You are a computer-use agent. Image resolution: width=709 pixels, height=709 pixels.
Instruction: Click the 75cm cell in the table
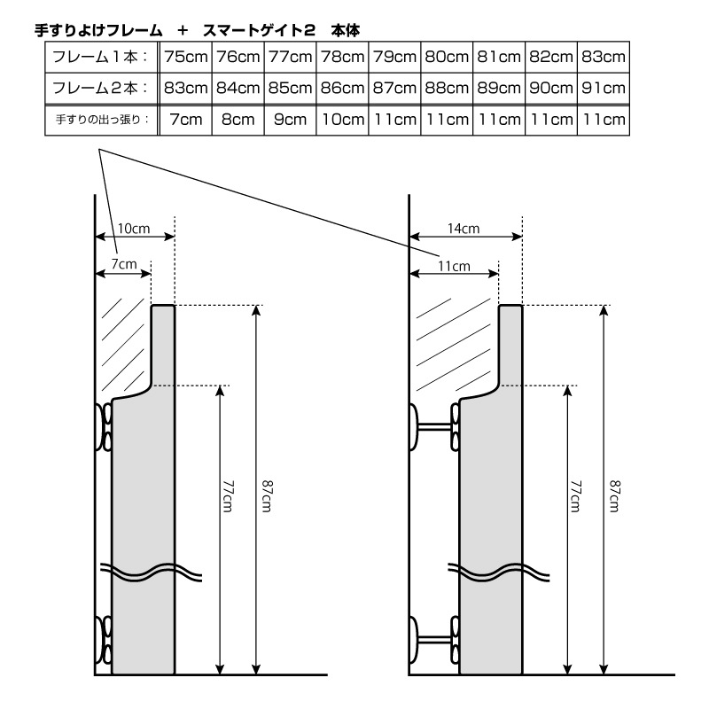coord(186,57)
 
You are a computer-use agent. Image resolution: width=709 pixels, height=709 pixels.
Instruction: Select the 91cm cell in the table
coord(604,88)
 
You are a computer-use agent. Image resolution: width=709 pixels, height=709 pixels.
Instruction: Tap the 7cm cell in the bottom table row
coord(186,120)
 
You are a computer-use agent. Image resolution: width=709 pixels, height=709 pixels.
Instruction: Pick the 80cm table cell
coord(447,57)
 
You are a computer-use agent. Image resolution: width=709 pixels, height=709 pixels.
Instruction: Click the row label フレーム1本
coord(99,57)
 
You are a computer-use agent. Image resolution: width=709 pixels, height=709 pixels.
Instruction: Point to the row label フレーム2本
coord(99,88)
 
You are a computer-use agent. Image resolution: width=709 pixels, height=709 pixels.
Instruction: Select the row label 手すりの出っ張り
coord(102,120)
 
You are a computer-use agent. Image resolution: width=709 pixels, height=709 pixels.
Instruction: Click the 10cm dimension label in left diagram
coord(134,229)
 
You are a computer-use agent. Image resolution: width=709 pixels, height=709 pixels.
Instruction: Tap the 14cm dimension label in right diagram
coord(464,229)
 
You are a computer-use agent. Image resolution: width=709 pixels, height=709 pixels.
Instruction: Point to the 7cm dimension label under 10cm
coord(123,264)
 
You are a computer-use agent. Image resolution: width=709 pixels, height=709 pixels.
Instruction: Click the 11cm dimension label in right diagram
coord(454,267)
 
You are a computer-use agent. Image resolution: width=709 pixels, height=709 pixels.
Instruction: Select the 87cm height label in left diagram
coord(267,496)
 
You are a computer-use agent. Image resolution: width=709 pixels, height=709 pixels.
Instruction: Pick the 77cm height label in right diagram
coord(575,496)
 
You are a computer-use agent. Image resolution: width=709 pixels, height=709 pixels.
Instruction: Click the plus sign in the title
coord(183,31)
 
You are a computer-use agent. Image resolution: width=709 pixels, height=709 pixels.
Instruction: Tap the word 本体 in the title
coord(346,31)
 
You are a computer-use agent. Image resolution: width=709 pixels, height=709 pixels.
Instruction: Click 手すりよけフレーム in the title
coord(98,31)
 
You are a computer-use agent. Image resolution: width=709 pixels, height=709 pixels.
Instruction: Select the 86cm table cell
coord(342,88)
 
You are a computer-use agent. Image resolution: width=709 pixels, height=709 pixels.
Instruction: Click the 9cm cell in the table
coord(291,120)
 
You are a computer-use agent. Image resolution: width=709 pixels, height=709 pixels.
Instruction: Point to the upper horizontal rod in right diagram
coord(435,426)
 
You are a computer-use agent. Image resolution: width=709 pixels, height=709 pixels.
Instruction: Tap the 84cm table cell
coord(238,88)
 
